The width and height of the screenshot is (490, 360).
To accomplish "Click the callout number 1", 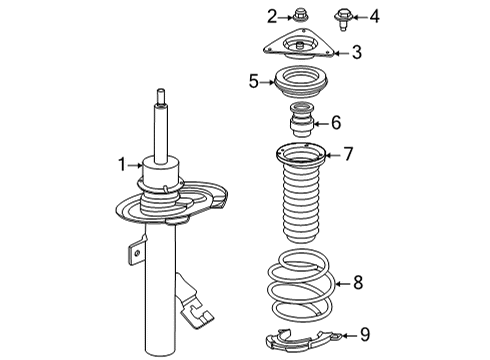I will pos(123,164).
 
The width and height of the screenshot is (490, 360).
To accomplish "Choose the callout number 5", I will pos(254,81).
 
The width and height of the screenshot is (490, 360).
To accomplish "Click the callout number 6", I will pos(336,123).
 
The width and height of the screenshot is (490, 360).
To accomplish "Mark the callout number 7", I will pos(349,153).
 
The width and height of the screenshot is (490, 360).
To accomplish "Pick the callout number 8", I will pos(358,283).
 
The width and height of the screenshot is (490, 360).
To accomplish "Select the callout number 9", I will pos(365,334).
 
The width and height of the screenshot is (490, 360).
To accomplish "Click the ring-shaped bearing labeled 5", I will pos(300,81).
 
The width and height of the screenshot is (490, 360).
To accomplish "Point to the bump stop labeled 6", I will pos(300,122).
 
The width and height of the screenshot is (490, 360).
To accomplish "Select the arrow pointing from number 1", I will pos(138,164).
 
